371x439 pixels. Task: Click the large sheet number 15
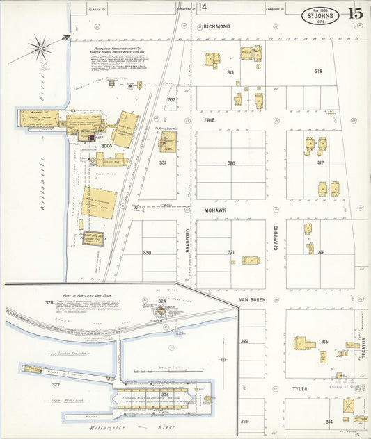tap(355, 13)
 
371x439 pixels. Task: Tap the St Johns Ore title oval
tap(320, 15)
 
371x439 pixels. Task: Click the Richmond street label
tap(216, 26)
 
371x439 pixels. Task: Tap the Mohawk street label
tap(212, 209)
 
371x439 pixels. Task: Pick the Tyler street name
tap(299, 389)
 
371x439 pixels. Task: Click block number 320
tap(230, 163)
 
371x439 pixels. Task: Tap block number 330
tap(147, 252)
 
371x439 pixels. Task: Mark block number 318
tap(318, 72)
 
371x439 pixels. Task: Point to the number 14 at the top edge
tap(203, 8)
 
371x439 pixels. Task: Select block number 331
tap(162, 163)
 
